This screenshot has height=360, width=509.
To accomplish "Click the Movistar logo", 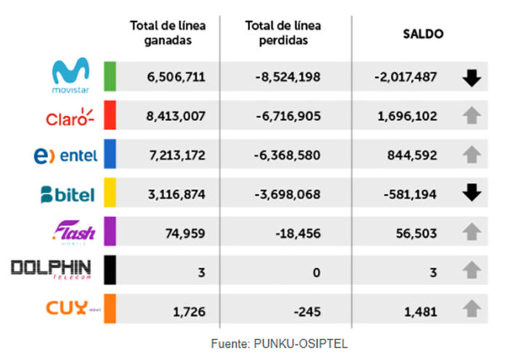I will pyautogui.click(x=71, y=76).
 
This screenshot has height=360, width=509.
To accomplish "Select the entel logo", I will pyautogui.click(x=65, y=155).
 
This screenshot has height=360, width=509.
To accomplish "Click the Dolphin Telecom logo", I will pyautogui.click(x=52, y=270).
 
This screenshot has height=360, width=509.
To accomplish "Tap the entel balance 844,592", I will pyautogui.click(x=409, y=154).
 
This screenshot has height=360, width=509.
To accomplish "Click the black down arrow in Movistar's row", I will pyautogui.click(x=472, y=77).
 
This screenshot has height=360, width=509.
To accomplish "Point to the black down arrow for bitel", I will pyautogui.click(x=472, y=193).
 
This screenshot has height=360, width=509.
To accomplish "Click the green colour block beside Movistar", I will pyautogui.click(x=111, y=76).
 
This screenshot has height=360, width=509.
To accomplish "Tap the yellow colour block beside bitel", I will pyautogui.click(x=111, y=193).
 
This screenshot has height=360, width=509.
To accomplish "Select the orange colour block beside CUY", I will pyautogui.click(x=111, y=308).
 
